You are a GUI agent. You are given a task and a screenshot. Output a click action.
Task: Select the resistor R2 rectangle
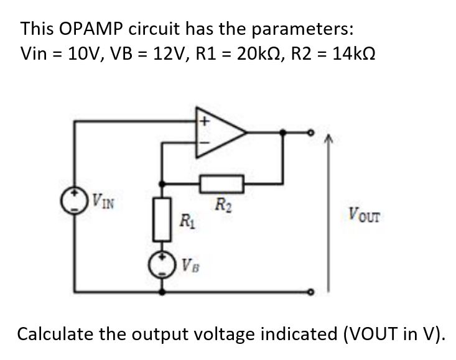coord(221,183)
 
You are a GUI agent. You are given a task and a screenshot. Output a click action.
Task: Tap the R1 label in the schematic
coord(185,219)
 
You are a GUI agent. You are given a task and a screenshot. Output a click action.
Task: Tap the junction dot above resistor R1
coord(162,183)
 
